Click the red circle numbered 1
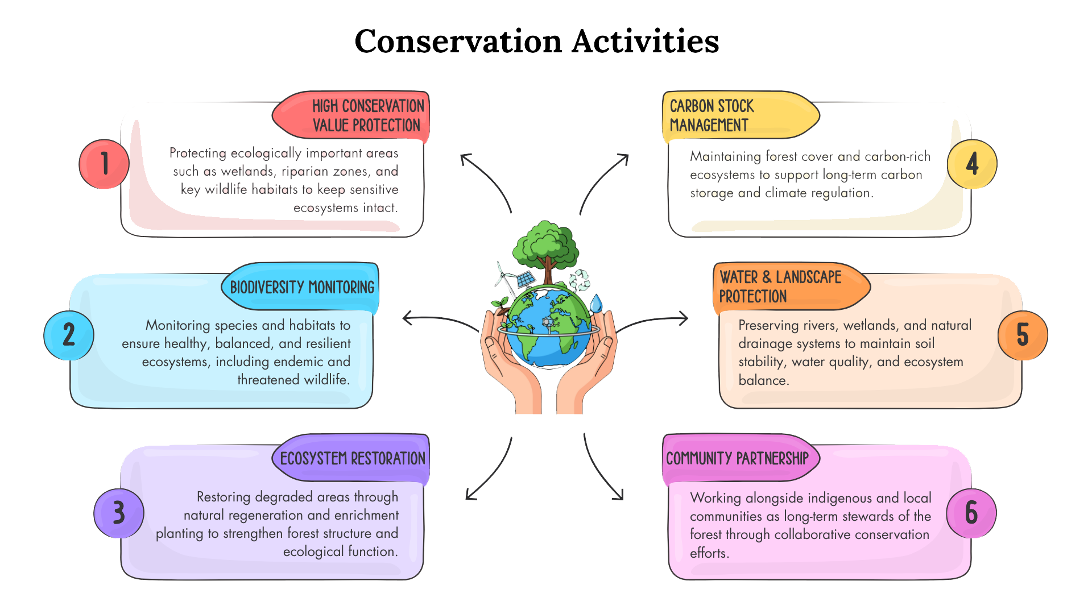tap(104, 164)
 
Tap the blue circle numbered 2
tap(69, 335)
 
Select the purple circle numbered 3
tap(118, 513)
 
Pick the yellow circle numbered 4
tap(972, 164)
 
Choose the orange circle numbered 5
tap(1023, 335)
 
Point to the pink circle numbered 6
tap(971, 513)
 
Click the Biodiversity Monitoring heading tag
tap(301, 287)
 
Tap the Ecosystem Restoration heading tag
tap(353, 458)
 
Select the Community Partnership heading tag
tap(738, 458)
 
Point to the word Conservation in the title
tap(458, 42)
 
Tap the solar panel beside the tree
tap(525, 279)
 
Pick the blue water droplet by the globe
tap(595, 304)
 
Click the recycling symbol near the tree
tap(580, 280)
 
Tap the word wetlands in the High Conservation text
tap(247, 171)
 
